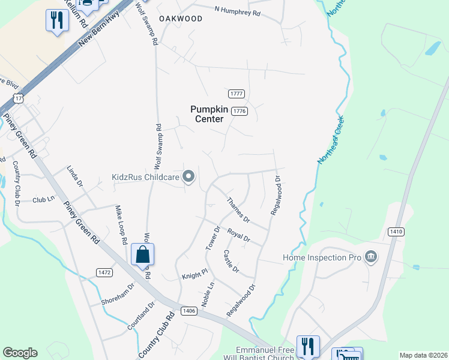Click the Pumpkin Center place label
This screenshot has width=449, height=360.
tap(207, 113)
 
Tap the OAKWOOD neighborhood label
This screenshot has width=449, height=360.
tap(181, 19)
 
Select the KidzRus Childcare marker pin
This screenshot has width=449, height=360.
tap(189, 176)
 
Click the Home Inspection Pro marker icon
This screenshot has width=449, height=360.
tap(371, 257)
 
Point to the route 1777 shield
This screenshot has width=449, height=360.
tap(237, 94)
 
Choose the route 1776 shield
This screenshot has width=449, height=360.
tap(240, 111)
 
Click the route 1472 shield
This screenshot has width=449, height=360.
tap(104, 272)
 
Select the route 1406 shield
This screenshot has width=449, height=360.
tap(188, 310)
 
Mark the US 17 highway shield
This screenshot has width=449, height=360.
tap(19, 98)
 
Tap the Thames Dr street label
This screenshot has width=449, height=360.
tap(238, 210)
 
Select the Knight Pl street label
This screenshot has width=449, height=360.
tap(194, 274)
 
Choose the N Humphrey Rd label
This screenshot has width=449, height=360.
tap(238, 11)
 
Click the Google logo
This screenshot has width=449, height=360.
tap(20, 353)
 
